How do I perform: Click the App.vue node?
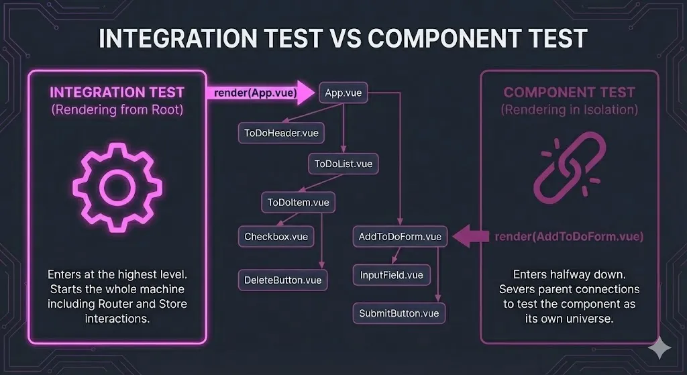(x=343, y=93)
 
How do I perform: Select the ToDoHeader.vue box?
(x=280, y=133)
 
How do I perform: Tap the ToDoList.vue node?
(x=343, y=163)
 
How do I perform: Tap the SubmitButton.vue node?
(x=399, y=313)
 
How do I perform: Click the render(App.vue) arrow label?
(x=255, y=93)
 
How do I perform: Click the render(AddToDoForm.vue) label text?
(x=569, y=236)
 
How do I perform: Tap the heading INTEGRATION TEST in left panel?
(x=117, y=92)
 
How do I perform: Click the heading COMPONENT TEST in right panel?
(x=570, y=93)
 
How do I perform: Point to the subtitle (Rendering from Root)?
(x=117, y=110)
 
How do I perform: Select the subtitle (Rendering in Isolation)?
(x=570, y=110)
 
